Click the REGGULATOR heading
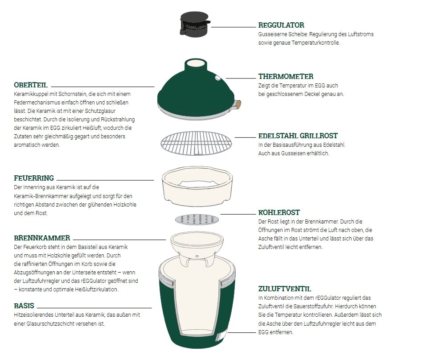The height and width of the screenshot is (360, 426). tap(281, 25)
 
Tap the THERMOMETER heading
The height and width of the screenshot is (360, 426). tap(286, 77)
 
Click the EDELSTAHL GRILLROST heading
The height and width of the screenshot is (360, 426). tap(298, 136)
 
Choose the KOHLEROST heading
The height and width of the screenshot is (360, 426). tap(279, 213)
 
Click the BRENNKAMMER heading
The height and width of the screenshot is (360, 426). tap(42, 238)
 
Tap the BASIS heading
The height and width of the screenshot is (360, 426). tap(24, 306)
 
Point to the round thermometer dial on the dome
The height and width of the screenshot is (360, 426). tap(218, 78)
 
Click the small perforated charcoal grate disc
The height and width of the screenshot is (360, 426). tap(197, 219)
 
